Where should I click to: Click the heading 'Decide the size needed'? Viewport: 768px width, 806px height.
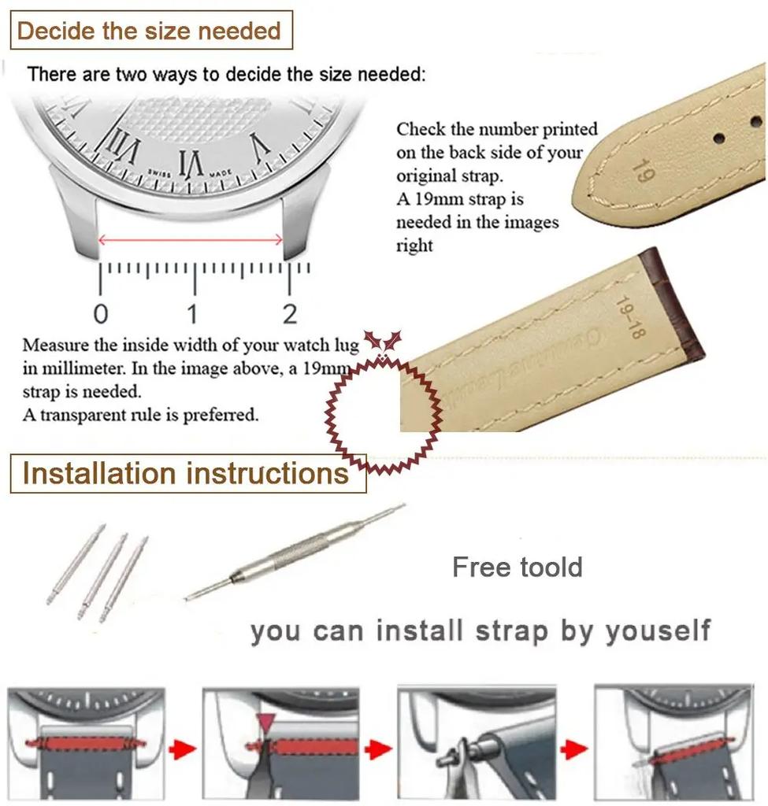(x=150, y=31)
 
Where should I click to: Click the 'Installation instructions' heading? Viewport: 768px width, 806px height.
(x=186, y=474)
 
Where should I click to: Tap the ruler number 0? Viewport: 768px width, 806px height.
(x=101, y=314)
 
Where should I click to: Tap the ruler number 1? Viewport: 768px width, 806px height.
(x=192, y=314)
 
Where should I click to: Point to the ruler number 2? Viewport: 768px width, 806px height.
(x=290, y=314)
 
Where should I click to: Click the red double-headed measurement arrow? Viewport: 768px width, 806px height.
(x=191, y=239)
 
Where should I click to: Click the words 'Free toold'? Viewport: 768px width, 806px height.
(x=518, y=568)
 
